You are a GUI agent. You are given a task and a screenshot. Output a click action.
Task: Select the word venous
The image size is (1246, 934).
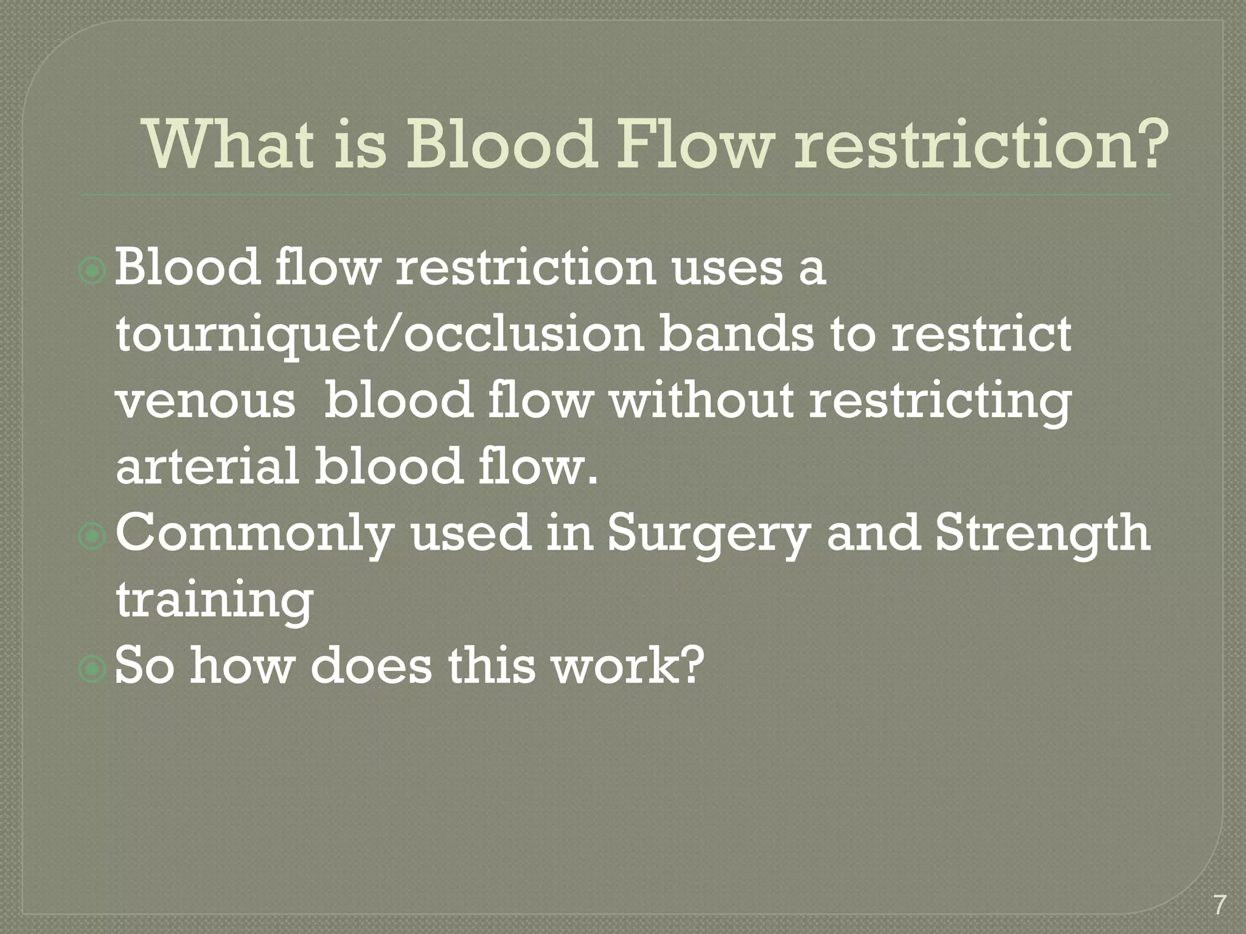pos(206,403)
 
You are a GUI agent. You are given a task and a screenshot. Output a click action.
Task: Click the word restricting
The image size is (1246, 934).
pos(940,403)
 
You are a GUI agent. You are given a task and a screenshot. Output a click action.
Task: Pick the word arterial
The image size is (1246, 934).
pos(207,466)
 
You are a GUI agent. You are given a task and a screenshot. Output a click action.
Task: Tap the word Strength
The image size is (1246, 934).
pos(1042,533)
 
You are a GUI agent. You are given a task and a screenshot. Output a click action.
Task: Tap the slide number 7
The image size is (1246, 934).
pos(1219,905)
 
